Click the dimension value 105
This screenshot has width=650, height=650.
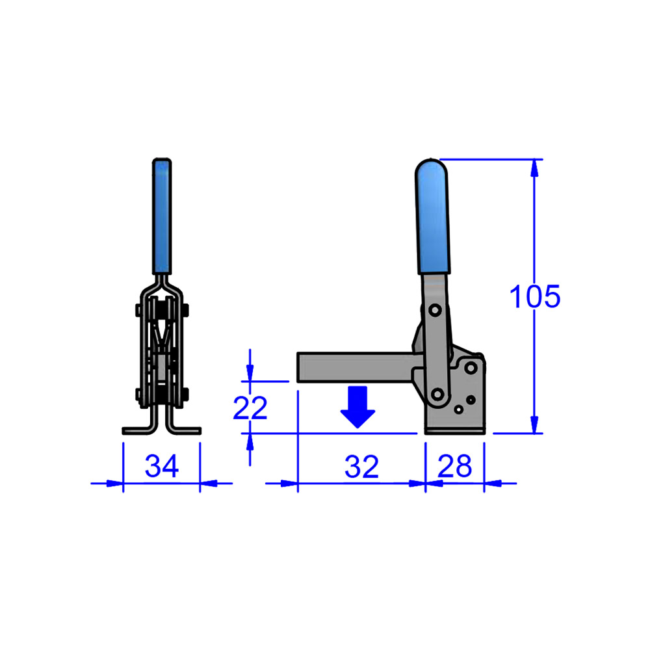[534, 297]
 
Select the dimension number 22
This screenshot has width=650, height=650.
[250, 408]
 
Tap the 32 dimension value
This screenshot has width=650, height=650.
[361, 467]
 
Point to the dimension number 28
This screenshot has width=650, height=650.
[454, 467]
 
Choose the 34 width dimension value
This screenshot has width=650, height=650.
[161, 467]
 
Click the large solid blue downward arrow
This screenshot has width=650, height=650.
[358, 407]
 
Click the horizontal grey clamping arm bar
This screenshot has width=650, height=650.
[354, 367]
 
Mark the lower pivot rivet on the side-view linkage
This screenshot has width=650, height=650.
[437, 393]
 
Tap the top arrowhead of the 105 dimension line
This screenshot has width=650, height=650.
[535, 167]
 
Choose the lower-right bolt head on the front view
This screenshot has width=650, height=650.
[187, 393]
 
